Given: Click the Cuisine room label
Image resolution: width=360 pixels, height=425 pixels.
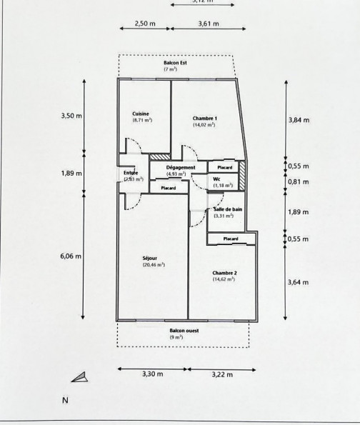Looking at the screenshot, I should pos(140,114).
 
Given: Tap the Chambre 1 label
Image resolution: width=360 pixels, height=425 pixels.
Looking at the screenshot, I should pos(205,118).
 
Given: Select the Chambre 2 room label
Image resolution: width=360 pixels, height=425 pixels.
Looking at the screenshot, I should pos(224,274).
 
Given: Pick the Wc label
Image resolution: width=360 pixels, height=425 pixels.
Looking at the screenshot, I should pos(216,179).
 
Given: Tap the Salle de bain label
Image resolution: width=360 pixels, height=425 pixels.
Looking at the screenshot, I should pos(225,209).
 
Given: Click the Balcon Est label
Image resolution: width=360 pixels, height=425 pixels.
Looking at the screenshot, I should pos(176,64).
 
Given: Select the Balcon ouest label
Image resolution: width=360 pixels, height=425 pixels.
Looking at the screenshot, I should pos(184,331).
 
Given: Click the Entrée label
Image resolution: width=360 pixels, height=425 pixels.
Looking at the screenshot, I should pos(130,173).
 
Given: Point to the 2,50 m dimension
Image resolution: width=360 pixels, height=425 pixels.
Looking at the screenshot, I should pos(145,24).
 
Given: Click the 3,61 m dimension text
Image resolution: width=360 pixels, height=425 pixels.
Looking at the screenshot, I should pos(208,24).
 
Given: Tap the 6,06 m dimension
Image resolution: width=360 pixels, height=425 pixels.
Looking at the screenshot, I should pos(71,255).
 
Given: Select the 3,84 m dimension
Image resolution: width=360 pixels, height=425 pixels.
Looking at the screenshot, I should pos(299,120).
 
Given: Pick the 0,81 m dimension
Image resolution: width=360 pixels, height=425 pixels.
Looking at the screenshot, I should pos(299,182).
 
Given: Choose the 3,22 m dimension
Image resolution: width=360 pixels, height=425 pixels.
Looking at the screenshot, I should pos(223,373).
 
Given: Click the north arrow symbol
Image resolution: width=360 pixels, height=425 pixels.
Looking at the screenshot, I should pos(79,376).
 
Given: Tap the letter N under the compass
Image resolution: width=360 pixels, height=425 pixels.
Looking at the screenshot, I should pos(65,401).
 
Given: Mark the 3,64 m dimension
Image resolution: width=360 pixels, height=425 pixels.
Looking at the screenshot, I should pos(299,283).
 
